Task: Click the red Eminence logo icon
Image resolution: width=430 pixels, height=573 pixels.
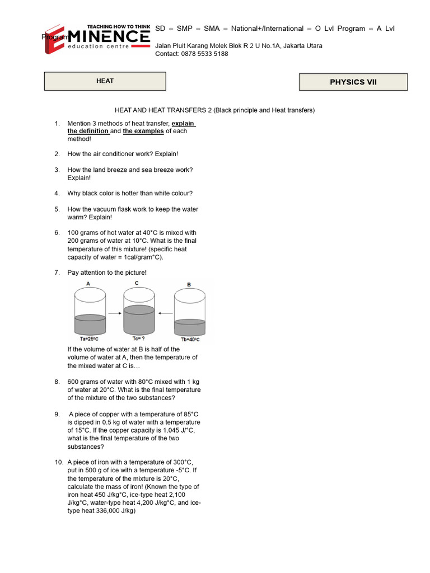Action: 55,39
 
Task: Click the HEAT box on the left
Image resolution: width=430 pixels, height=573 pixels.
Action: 105,81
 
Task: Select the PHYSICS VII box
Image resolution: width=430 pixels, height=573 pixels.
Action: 353,82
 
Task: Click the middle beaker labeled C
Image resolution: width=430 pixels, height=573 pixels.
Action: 139,313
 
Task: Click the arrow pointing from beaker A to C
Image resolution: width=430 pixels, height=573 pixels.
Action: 114,313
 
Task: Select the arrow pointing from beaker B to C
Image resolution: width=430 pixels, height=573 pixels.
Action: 165,313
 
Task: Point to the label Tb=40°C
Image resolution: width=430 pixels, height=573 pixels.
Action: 190,340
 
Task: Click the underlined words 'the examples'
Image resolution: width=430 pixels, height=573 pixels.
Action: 143,131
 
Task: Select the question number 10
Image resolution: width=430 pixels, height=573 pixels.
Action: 59,462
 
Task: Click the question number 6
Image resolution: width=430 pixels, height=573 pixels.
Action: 57,233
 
